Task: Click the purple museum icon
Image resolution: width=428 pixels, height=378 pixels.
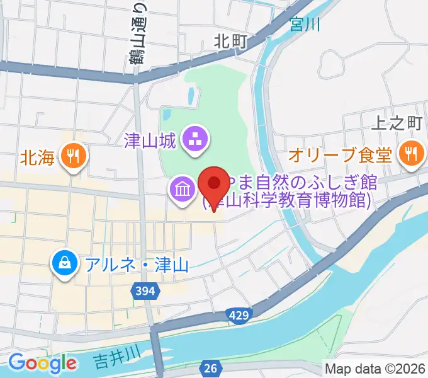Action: (181, 189)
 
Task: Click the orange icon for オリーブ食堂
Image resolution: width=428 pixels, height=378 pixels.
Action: (410, 153)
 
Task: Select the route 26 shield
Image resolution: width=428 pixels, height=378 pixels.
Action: (211, 367)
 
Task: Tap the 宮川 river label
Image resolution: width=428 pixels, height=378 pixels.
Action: (305, 25)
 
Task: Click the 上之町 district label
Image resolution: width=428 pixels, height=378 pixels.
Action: (396, 123)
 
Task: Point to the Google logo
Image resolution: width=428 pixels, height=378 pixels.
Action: (42, 363)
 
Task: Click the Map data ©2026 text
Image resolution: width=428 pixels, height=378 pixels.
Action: (375, 368)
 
